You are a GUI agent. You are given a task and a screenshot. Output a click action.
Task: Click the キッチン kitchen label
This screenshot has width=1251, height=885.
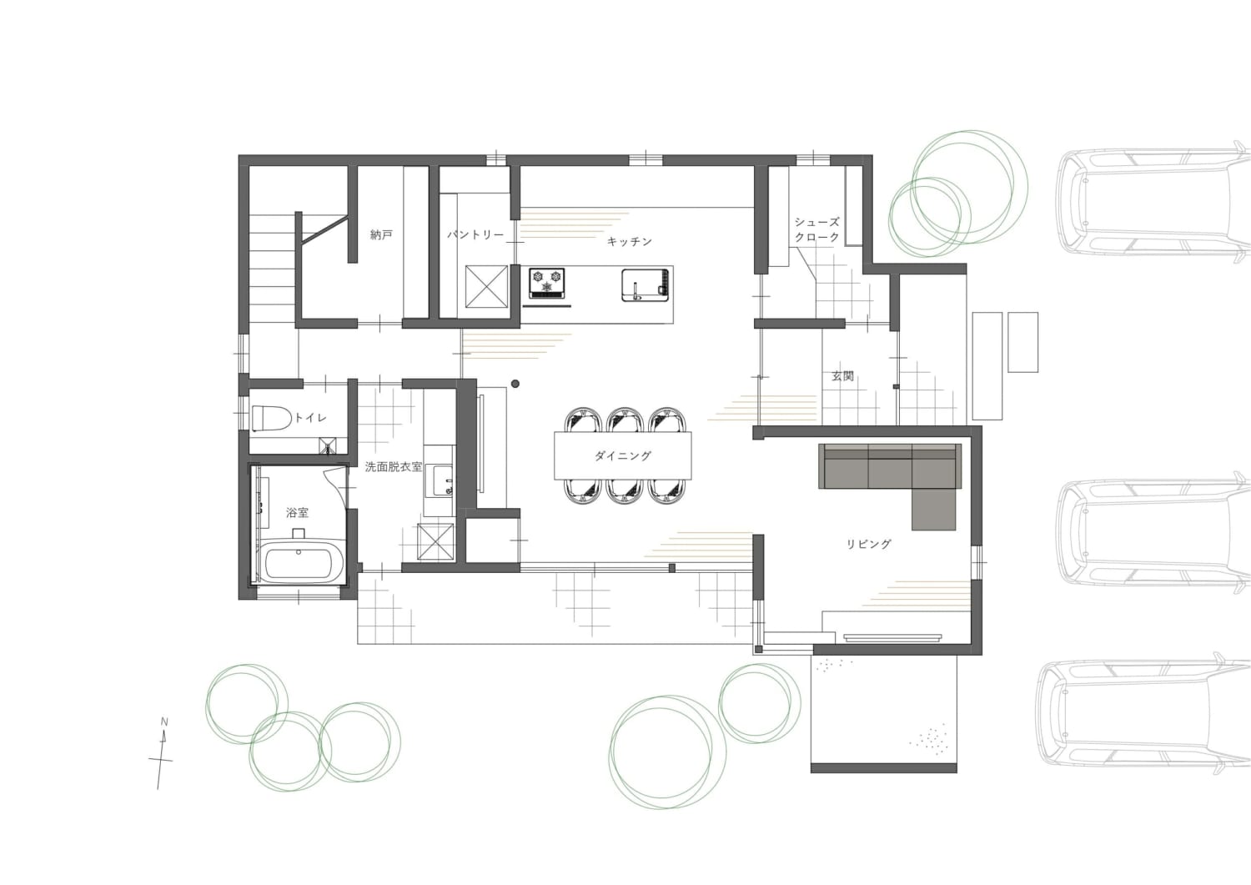coord(630,241)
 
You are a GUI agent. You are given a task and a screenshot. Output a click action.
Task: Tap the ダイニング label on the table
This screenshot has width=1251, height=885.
coord(623,456)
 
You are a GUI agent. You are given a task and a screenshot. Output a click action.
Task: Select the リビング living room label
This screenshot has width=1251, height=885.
coord(868,544)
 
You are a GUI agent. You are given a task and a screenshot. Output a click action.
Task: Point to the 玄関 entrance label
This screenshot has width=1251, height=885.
coord(842,376)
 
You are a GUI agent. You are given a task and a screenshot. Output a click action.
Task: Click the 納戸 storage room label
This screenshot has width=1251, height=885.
coord(381,234)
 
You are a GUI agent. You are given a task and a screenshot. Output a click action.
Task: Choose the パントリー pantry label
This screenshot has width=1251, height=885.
coord(475,234)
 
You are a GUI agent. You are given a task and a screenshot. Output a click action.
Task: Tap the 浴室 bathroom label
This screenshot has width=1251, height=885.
coord(297,512)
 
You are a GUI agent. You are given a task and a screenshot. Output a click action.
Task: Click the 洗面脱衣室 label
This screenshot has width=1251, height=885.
coord(394,466)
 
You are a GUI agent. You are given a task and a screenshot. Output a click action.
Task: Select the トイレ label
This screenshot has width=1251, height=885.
coord(310,417)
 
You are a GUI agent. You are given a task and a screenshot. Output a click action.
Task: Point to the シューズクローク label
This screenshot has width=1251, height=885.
coord(817,229)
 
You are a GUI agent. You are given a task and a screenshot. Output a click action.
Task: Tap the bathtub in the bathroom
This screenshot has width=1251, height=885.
coord(298,563)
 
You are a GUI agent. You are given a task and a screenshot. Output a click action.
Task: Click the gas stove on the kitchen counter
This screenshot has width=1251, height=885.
coord(547,284)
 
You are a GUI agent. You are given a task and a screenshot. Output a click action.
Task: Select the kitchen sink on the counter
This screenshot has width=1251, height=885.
coord(645,285)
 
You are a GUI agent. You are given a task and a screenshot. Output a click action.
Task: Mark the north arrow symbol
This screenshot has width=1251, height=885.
coord(162,754)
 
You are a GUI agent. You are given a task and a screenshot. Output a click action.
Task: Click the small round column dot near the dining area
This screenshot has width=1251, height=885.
coord(515,383)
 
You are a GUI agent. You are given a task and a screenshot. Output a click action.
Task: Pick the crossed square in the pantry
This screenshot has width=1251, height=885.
coord(486,287)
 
